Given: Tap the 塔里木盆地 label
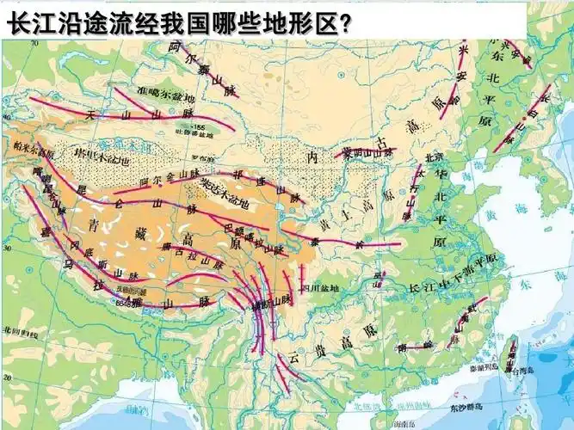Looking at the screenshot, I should pos(102,159).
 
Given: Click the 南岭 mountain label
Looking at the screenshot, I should pos(416,347).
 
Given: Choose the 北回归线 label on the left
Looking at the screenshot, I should pos(17,329).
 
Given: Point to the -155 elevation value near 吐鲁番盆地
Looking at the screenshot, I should pos(200,127).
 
